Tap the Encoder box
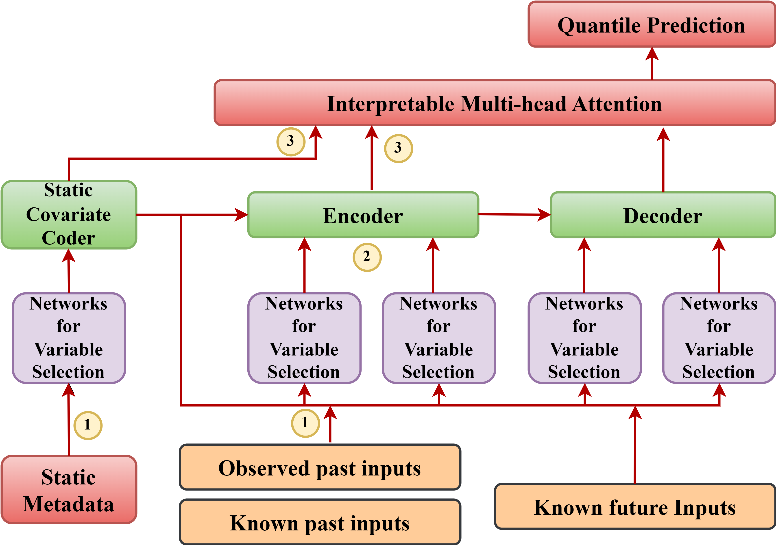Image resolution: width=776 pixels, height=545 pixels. [363, 215]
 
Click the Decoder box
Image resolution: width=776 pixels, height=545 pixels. [663, 215]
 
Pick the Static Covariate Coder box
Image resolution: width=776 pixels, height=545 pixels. [69, 215]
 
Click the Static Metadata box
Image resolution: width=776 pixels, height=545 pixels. [69, 490]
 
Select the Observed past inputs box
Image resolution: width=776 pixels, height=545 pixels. [320, 468]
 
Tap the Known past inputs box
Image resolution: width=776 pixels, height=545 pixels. [320, 522]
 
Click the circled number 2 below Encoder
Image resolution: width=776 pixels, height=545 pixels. [367, 257]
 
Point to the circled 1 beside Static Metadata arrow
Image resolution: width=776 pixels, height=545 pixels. [88, 425]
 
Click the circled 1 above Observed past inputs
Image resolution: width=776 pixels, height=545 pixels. [305, 423]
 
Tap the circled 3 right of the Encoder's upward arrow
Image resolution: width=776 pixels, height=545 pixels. [399, 148]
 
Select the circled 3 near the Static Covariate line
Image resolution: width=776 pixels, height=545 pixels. [291, 141]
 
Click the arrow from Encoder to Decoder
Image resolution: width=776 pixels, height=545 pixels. [514, 214]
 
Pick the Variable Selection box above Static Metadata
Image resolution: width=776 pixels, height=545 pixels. [69, 338]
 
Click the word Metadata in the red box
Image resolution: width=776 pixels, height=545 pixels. [69, 504]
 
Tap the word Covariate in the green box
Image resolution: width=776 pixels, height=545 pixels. [69, 215]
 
